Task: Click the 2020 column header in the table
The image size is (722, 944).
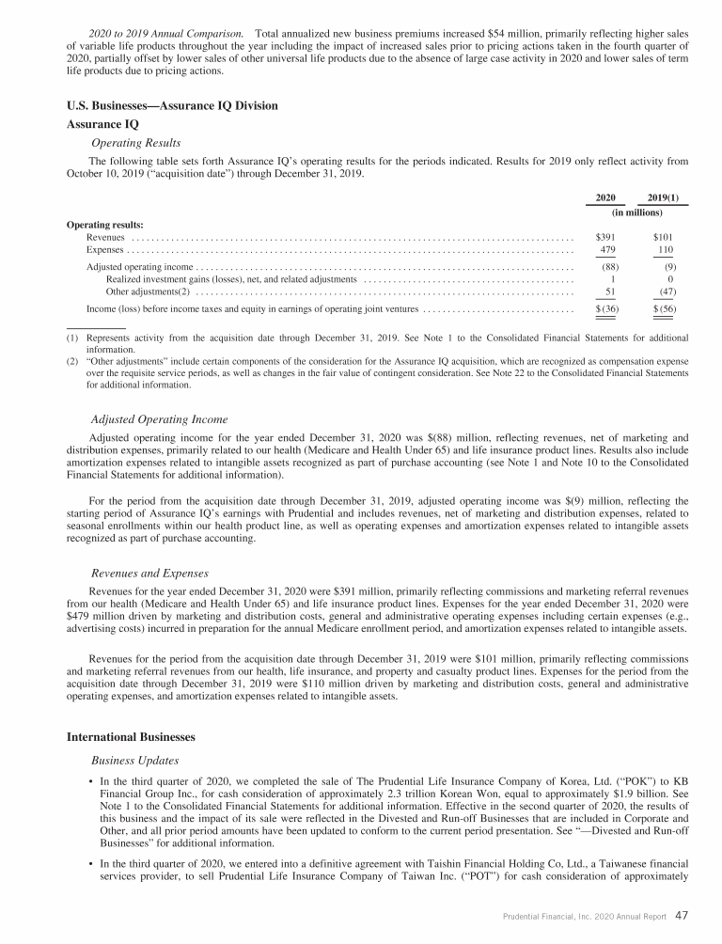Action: click(605, 198)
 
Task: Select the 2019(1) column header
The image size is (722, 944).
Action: click(663, 198)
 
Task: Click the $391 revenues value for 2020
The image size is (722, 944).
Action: click(605, 237)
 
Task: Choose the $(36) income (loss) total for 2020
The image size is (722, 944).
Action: click(605, 308)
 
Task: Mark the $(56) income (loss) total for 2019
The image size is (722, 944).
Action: click(664, 308)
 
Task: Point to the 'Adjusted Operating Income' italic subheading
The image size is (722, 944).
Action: click(159, 418)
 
